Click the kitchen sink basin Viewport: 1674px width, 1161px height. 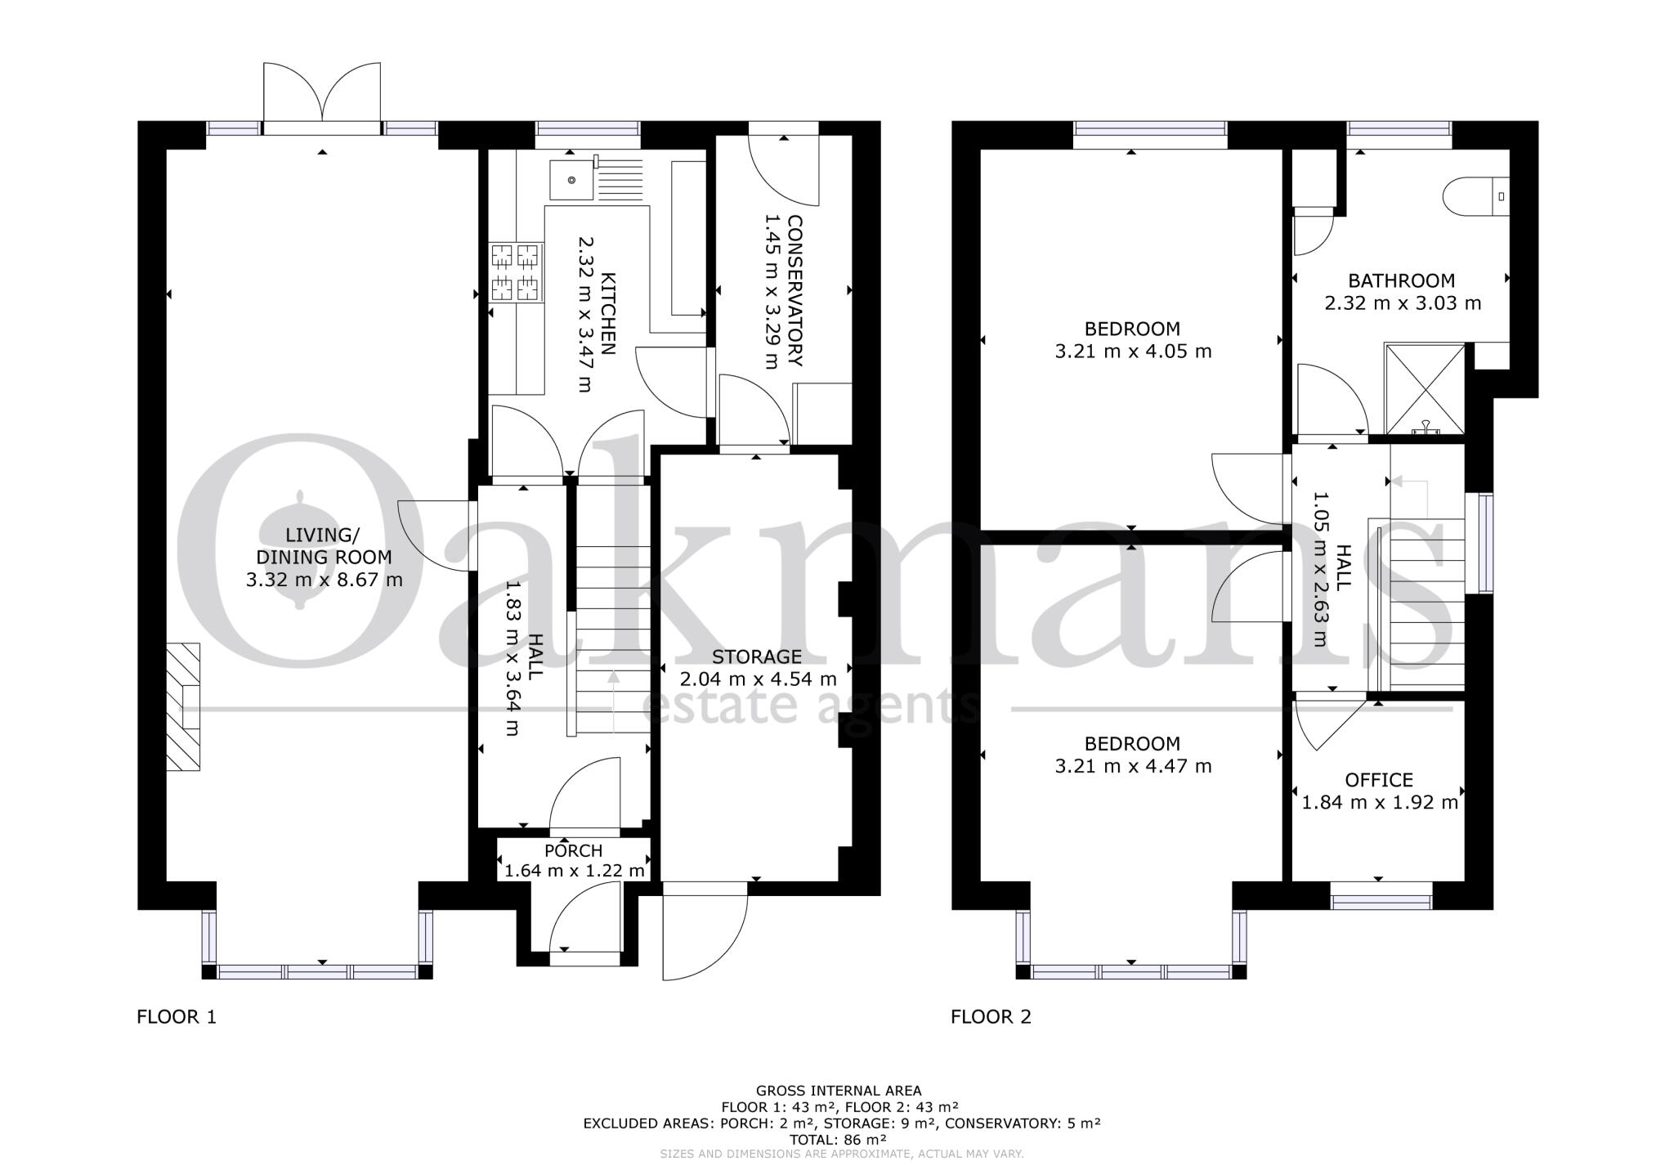[570, 180]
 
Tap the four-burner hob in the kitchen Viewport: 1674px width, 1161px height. [516, 272]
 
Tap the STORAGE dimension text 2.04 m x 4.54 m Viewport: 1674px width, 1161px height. [758, 679]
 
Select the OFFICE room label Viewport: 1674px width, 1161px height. [1379, 780]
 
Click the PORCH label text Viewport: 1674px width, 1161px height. [573, 851]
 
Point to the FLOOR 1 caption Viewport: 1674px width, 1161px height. [177, 1017]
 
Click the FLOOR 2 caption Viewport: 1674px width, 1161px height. [991, 1017]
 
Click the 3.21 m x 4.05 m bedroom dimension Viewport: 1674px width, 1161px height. [1132, 352]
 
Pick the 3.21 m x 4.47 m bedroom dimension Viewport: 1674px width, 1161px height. [1132, 766]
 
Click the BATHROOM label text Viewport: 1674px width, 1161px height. [1401, 281]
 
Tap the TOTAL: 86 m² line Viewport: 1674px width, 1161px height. [838, 1139]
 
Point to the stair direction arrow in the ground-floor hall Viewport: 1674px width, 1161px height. [613, 699]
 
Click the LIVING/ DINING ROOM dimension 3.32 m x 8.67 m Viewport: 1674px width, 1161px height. [324, 580]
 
